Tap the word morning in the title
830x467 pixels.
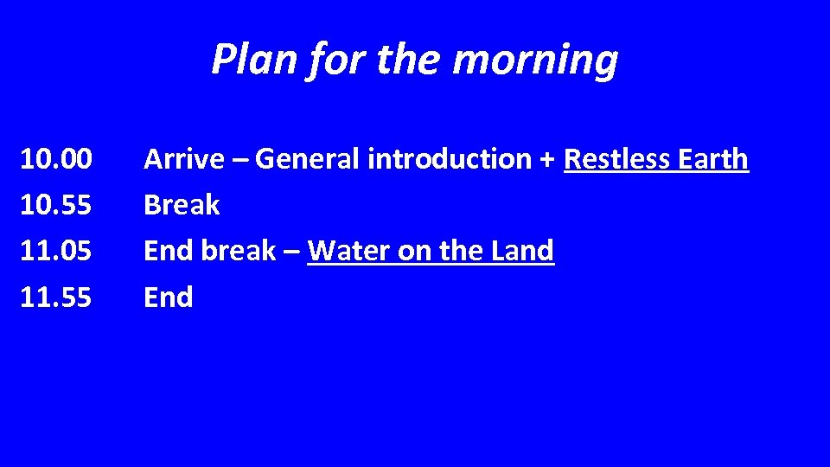(535, 61)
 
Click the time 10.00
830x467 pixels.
(55, 159)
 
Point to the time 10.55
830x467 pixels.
(55, 205)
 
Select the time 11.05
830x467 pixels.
(55, 251)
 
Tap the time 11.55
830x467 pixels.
(55, 297)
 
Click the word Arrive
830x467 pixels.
(184, 159)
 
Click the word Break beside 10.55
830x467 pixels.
(182, 205)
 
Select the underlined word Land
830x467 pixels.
(522, 251)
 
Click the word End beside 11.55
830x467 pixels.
(168, 297)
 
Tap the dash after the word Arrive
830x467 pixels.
(239, 160)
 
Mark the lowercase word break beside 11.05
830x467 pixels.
(239, 251)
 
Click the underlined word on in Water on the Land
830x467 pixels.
(413, 252)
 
